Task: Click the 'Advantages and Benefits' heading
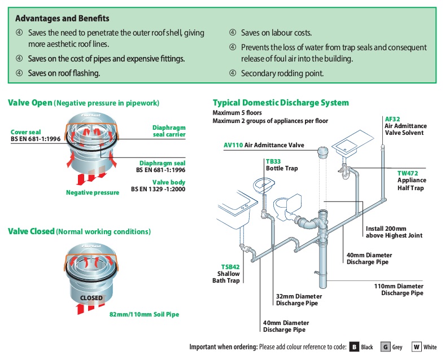coord(63,19)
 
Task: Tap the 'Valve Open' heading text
coord(30,103)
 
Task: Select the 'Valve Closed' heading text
coord(31,231)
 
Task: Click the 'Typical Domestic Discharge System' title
coord(281,103)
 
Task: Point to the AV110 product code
coord(233,145)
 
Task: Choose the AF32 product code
coord(392,119)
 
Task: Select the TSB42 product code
coord(230,266)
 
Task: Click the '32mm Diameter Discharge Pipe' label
coord(299,300)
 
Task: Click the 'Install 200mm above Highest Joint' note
coord(394,232)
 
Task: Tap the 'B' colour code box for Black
coord(354,347)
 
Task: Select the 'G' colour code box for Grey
coord(385,347)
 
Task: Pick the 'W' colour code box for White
coord(416,347)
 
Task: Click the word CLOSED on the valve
coord(91,298)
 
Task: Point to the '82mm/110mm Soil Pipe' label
coord(144,314)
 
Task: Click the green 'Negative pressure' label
coord(93,192)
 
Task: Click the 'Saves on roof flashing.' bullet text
coord(64,73)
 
